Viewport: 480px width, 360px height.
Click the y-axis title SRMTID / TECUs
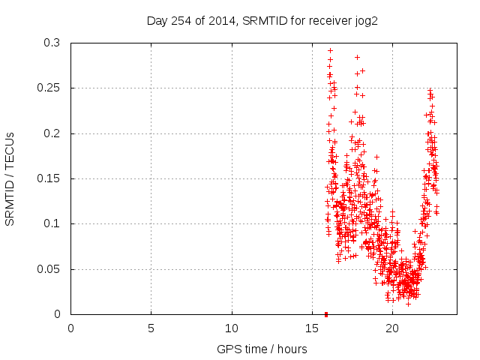(x=10, y=178)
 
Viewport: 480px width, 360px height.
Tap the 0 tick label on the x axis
(x=71, y=328)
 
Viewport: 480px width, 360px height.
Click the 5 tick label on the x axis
(x=151, y=328)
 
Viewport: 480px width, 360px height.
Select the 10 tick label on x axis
(x=232, y=328)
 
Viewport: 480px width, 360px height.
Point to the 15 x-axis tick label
(x=312, y=328)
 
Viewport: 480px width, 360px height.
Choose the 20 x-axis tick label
(x=392, y=328)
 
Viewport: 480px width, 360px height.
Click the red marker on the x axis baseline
(x=326, y=314)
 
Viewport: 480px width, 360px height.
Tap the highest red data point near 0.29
(x=330, y=50)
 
